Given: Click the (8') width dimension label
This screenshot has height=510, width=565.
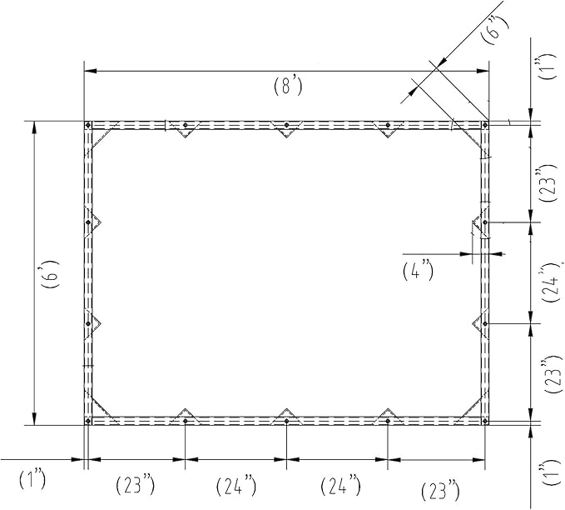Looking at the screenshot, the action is pos(288,87).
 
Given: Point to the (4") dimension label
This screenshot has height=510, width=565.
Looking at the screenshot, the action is pos(418,272).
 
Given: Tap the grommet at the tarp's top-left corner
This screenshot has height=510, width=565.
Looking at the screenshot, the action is pos(88,125).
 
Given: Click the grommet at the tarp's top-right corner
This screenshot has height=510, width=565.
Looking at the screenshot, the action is pos(485,125).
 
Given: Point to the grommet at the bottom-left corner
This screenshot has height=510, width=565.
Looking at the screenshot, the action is pos(88,421).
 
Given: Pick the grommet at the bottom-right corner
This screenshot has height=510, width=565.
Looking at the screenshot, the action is pos(485,421).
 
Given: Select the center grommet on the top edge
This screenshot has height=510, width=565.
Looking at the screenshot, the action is pos(286,125).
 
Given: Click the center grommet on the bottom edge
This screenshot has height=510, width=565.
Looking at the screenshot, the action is pos(286,421).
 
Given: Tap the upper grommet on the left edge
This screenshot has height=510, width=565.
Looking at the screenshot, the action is pos(88,222).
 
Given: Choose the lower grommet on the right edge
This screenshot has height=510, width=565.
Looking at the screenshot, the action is pos(485,324).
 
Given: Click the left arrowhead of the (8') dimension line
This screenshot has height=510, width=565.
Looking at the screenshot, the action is pos(91,71).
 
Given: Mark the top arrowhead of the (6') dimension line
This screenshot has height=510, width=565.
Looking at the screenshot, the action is pos(34,128).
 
